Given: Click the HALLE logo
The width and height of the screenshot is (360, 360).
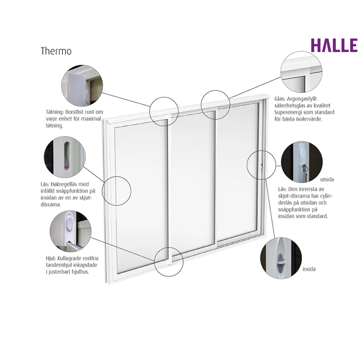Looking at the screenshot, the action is pos(334,45).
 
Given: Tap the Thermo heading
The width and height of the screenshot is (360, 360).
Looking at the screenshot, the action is pos(56,51).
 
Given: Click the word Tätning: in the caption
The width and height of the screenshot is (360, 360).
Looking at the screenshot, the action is pos(55,112).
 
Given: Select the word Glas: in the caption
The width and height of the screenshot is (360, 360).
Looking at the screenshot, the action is pos(280,99).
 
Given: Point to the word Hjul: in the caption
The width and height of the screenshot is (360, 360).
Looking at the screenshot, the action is pos(51,259).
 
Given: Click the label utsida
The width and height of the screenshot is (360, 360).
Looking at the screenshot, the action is pos(327,180).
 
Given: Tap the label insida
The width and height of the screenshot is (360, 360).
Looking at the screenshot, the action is pos(309,269).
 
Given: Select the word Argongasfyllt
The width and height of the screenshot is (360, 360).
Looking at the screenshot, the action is pos(302,99).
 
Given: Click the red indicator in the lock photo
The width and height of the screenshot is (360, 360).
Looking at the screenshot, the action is pos(66,167).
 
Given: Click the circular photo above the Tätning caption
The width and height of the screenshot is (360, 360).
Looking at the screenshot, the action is pos(82,86).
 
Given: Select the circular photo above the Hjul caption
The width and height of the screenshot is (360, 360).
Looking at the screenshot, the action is pos(71,232).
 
